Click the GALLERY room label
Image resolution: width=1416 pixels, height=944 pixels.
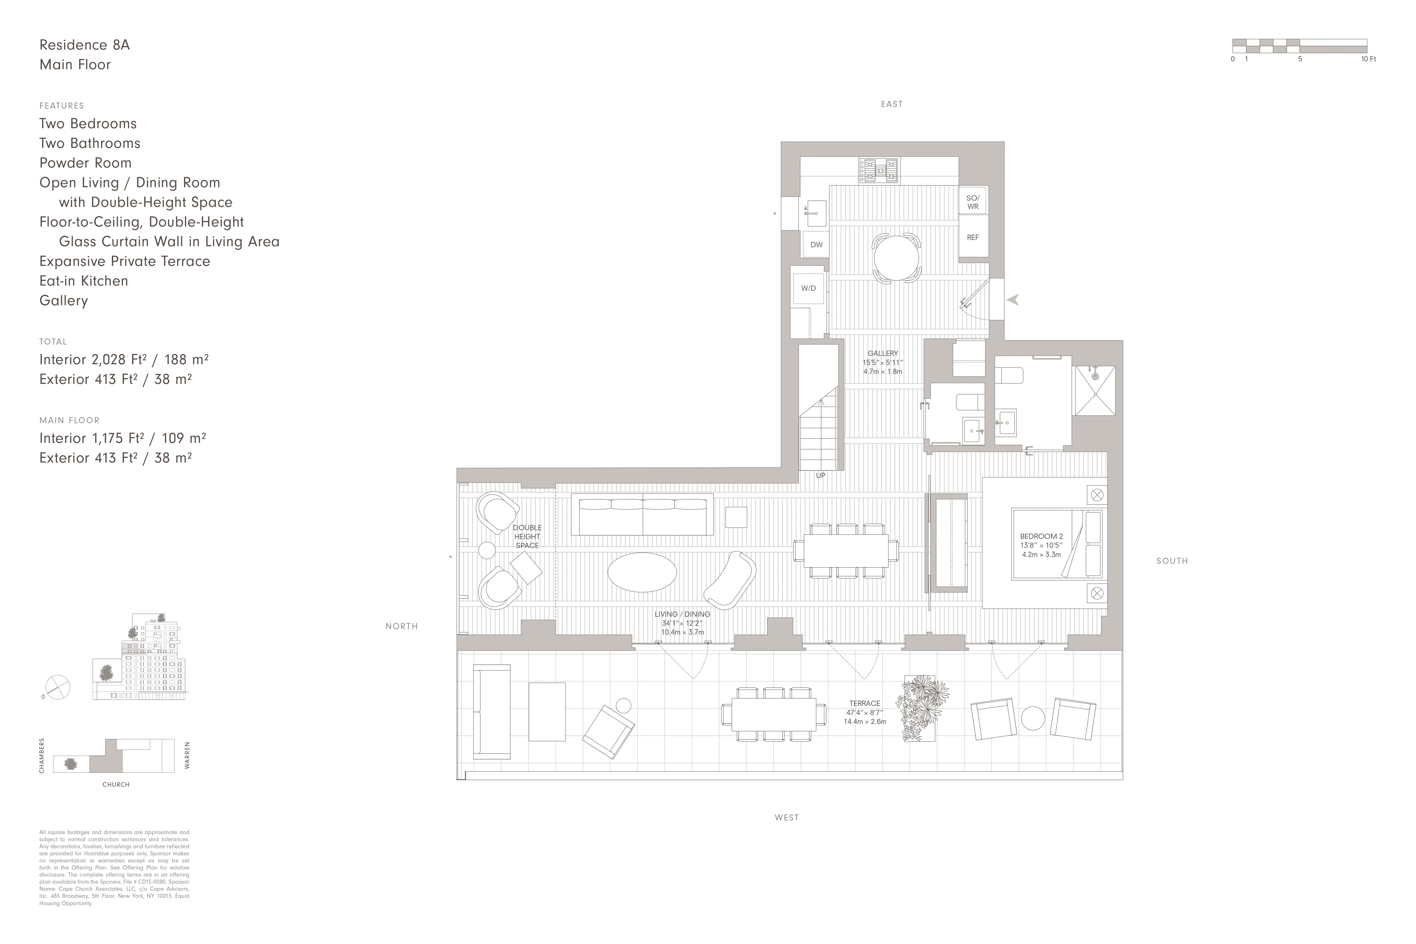coord(883,353)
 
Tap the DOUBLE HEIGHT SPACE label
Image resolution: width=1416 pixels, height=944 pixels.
coord(527,537)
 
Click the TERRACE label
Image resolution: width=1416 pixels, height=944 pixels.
coord(865,703)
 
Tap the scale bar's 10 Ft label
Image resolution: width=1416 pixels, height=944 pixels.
coord(1369,59)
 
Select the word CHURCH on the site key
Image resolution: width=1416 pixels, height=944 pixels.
coord(116,785)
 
